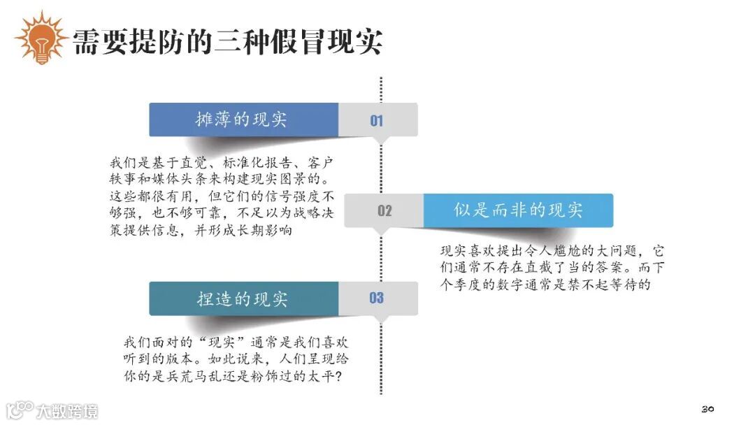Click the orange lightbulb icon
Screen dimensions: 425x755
pos(41,39)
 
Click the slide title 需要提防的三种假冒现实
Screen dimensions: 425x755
pos(228,41)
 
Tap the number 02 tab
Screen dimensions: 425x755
pos(384,210)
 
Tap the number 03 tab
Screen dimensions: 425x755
pos(377,298)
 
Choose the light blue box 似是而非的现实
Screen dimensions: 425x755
pos(518,210)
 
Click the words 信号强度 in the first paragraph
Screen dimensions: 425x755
pos(292,196)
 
